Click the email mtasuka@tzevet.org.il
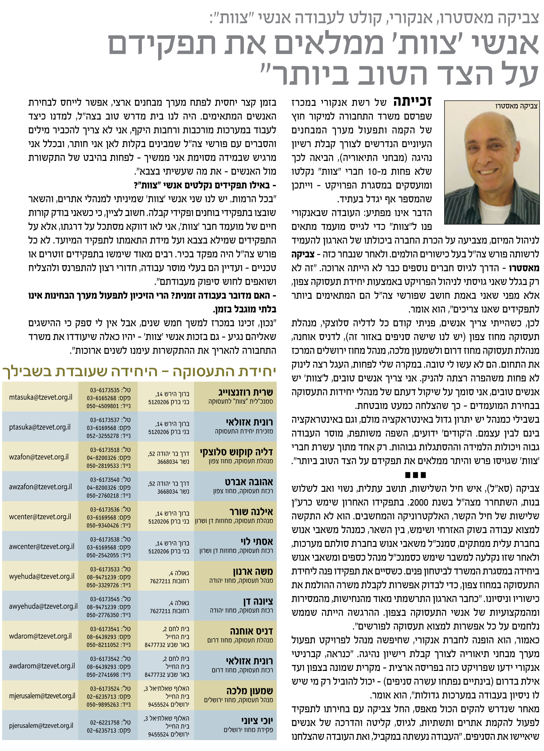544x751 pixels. coord(41,397)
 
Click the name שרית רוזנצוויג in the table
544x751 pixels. coord(246,392)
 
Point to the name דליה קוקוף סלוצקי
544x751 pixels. coord(236,452)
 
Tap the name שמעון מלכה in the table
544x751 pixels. coord(250,691)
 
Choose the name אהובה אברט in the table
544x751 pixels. coord(249,482)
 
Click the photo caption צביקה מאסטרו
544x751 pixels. coord(516,106)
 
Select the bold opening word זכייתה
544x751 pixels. coord(413,102)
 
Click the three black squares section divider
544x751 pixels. coord(415,475)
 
